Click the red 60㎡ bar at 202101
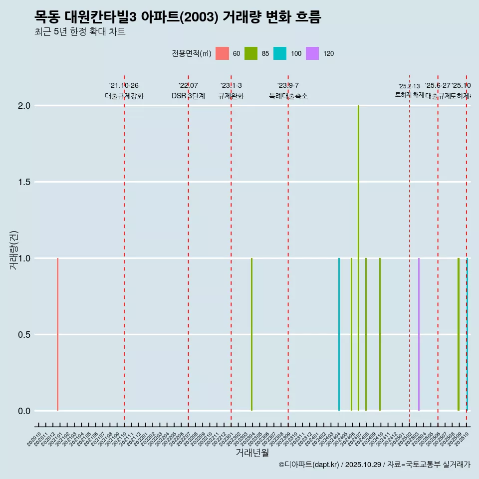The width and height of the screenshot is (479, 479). click(x=58, y=334)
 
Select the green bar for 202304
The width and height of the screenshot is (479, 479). click(x=251, y=334)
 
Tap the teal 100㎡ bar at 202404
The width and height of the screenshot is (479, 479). click(x=339, y=334)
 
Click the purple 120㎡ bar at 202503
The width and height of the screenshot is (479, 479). click(x=419, y=334)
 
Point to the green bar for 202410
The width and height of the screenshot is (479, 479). click(x=380, y=334)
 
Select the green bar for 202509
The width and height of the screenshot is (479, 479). click(x=459, y=334)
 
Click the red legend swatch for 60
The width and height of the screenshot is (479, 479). click(x=222, y=53)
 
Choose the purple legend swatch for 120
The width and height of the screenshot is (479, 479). click(x=312, y=53)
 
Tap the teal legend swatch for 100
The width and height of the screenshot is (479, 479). click(x=280, y=53)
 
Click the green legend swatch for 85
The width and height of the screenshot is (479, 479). click(x=251, y=53)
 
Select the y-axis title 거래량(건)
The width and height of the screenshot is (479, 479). click(x=14, y=250)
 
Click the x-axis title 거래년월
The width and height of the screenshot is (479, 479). click(x=252, y=453)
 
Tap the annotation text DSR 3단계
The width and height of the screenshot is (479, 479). click(x=188, y=96)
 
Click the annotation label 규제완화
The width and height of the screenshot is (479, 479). click(x=231, y=96)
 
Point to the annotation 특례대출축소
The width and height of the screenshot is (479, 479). click(x=288, y=96)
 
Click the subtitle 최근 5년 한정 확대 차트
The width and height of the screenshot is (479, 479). click(x=80, y=32)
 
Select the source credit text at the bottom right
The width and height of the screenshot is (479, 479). click(x=374, y=465)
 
